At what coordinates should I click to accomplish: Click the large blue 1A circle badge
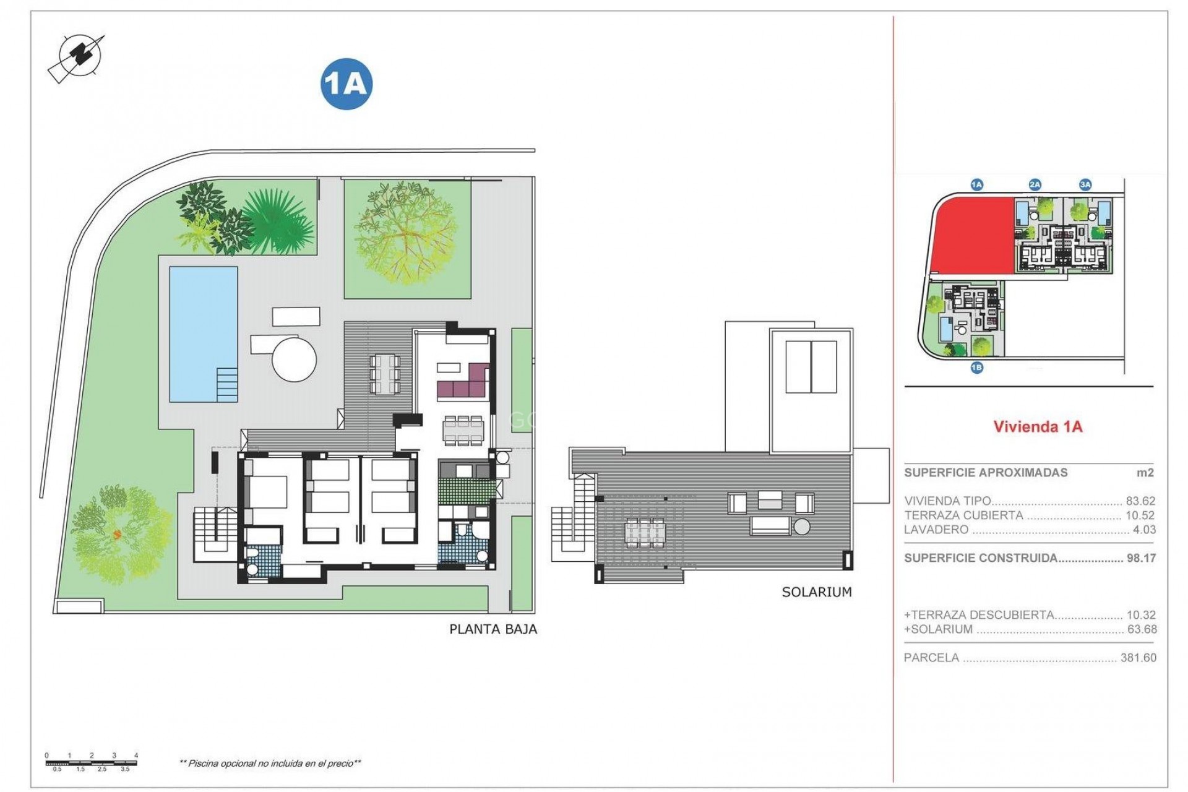(346, 84)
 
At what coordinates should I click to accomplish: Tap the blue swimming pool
(204, 334)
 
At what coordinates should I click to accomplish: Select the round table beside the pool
(295, 358)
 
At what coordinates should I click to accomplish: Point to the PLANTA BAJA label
(493, 629)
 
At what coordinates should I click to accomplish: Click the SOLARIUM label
(817, 592)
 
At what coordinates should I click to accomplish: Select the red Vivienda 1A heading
(1038, 426)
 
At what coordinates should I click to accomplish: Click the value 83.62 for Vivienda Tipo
(1140, 501)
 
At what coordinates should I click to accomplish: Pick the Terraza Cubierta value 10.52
(1140, 515)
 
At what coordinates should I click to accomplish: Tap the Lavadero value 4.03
(1144, 530)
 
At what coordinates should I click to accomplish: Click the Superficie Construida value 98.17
(1141, 558)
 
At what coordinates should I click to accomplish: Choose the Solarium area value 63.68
(1142, 629)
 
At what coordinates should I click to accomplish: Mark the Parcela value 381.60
(1138, 658)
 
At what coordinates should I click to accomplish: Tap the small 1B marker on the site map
(976, 368)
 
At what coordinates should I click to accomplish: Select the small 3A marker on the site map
(1085, 184)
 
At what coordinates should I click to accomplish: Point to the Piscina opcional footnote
(270, 764)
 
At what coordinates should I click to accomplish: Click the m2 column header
(1145, 473)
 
